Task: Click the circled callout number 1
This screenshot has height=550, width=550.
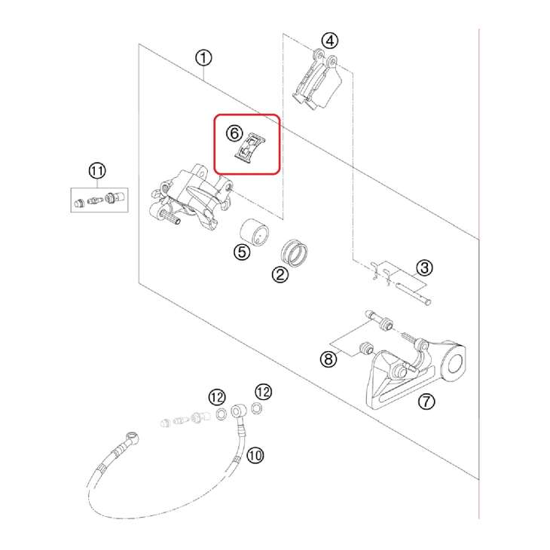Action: point(203,58)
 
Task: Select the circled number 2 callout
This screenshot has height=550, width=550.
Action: point(280,275)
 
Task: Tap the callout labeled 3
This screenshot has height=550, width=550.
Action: point(424,267)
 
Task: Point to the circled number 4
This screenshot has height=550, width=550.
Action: point(329,41)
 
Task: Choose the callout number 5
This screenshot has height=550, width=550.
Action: point(241,252)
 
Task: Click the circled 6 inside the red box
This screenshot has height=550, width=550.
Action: point(234,133)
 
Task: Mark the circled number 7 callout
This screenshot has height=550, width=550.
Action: point(426,402)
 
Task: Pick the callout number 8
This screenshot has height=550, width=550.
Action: point(328,359)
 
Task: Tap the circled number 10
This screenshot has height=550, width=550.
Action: point(256,455)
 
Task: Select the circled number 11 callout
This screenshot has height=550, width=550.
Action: point(96,172)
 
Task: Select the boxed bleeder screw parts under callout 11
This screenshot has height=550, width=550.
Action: point(96,200)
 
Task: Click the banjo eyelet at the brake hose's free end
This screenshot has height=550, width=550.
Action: point(133,436)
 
